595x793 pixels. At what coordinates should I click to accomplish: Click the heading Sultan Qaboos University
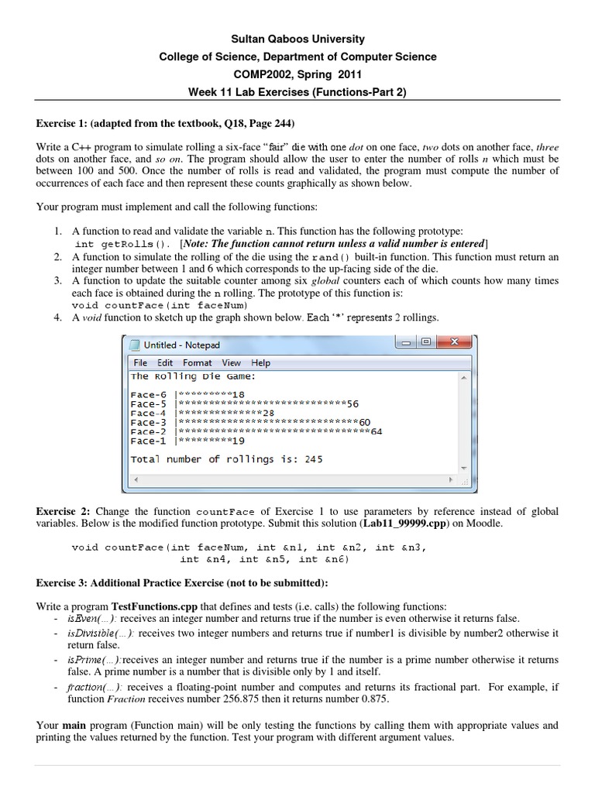coord(297,39)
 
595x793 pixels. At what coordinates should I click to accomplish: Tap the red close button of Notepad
coord(454,343)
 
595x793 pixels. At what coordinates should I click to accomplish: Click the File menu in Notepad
coord(140,362)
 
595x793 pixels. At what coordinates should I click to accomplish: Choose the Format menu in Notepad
coord(197,362)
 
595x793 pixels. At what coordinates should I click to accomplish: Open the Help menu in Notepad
coord(260,362)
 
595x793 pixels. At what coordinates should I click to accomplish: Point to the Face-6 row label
coord(149,394)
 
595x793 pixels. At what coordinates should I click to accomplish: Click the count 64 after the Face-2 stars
coord(377,431)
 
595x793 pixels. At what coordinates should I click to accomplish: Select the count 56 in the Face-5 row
coord(353,403)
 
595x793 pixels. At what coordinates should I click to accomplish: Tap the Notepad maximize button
coord(425,343)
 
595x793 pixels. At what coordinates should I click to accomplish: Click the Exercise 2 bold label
coord(64,512)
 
